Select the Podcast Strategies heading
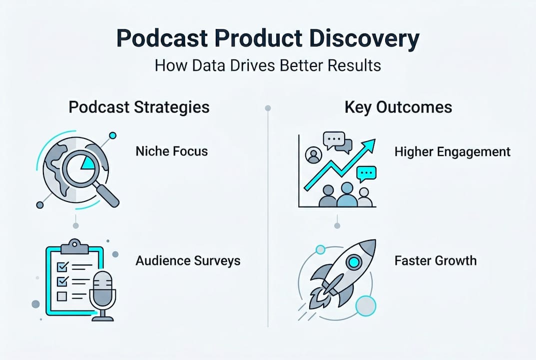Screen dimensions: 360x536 (x=139, y=107)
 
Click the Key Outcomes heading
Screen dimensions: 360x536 (x=398, y=107)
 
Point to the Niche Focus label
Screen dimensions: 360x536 (x=171, y=151)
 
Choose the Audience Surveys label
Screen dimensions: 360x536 (x=188, y=260)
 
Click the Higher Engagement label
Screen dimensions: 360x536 (x=453, y=151)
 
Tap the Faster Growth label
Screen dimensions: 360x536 (x=435, y=260)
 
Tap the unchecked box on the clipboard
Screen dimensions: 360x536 (x=62, y=296)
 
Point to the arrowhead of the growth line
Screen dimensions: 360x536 (x=369, y=145)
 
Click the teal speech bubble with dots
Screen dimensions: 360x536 (x=366, y=173)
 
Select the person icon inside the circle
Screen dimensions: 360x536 (x=313, y=155)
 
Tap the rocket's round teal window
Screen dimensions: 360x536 (x=354, y=261)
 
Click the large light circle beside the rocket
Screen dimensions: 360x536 (x=366, y=305)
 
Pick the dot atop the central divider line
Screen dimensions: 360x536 (x=268, y=108)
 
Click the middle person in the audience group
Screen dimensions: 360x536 (x=347, y=195)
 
